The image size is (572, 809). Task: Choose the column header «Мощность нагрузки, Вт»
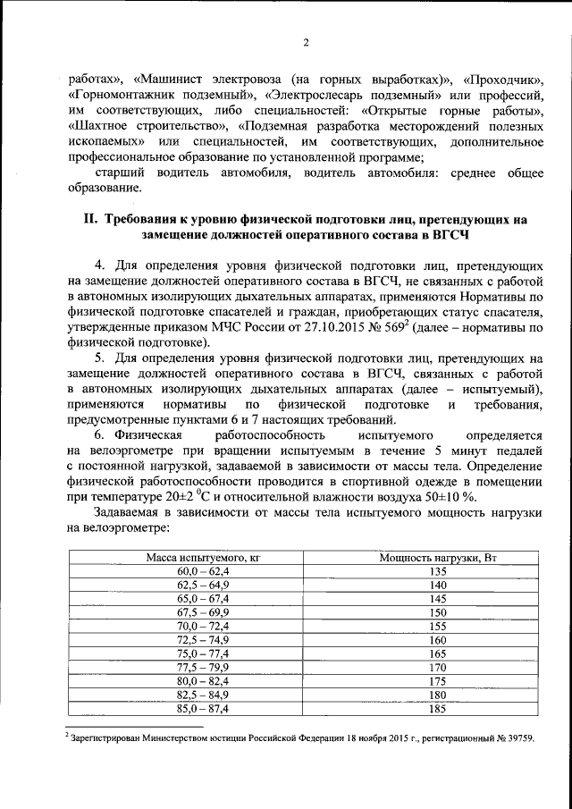(x=438, y=557)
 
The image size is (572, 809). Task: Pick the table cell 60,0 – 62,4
(x=203, y=569)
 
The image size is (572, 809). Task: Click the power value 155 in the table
(x=438, y=628)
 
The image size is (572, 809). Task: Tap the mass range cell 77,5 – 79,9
(x=203, y=666)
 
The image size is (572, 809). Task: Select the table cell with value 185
(x=438, y=709)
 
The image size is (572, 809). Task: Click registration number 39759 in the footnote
(x=516, y=738)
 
